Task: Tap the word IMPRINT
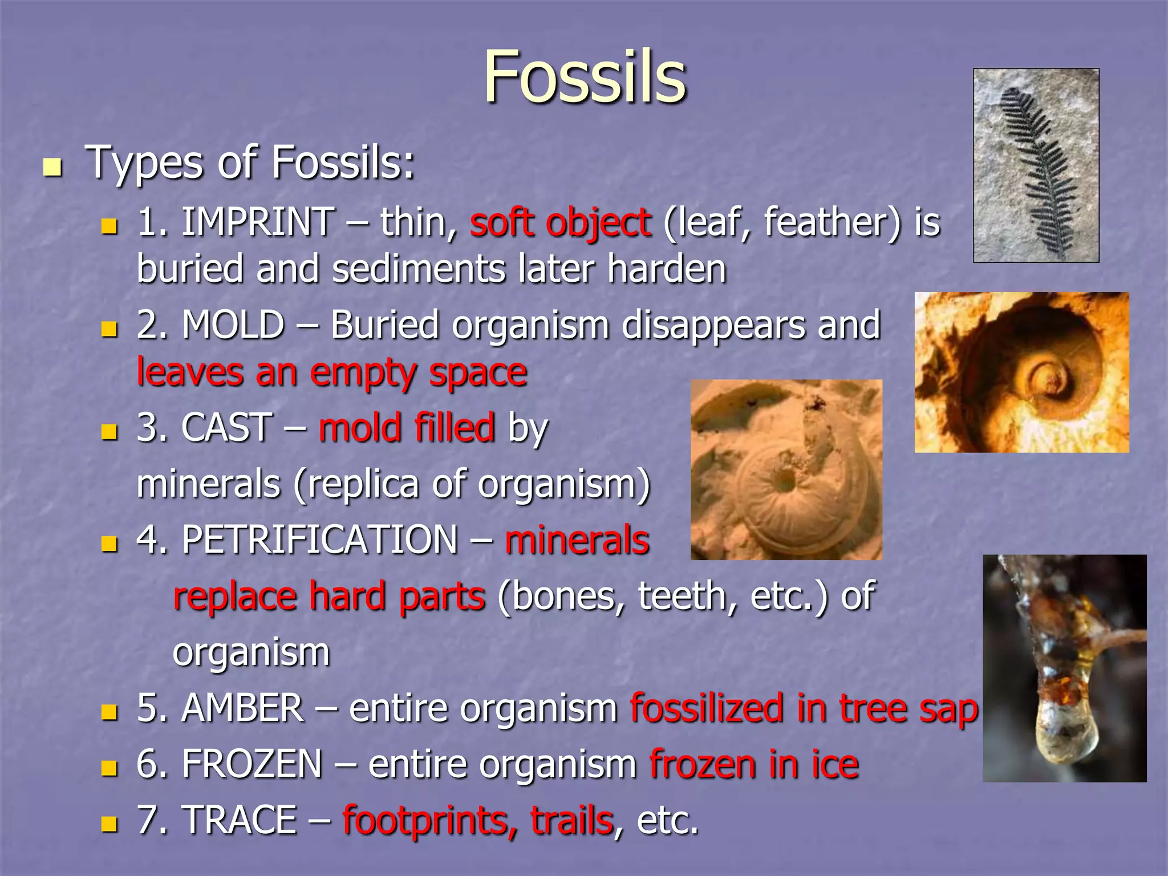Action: (x=258, y=222)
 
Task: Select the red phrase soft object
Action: (x=560, y=222)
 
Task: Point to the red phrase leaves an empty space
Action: (x=332, y=372)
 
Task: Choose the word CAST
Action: (x=226, y=427)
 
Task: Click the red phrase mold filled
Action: (x=407, y=427)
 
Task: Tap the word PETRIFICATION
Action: (x=319, y=539)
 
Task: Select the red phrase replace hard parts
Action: (x=329, y=596)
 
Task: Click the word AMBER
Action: (x=242, y=708)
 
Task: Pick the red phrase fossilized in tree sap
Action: (x=804, y=708)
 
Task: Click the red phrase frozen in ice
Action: (x=754, y=764)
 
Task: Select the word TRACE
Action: (x=240, y=820)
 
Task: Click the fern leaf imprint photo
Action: (x=1036, y=165)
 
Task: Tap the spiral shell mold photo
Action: (x=1021, y=372)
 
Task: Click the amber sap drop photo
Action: (x=1064, y=668)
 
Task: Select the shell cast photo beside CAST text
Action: (x=786, y=469)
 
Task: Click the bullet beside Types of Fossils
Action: (x=52, y=168)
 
